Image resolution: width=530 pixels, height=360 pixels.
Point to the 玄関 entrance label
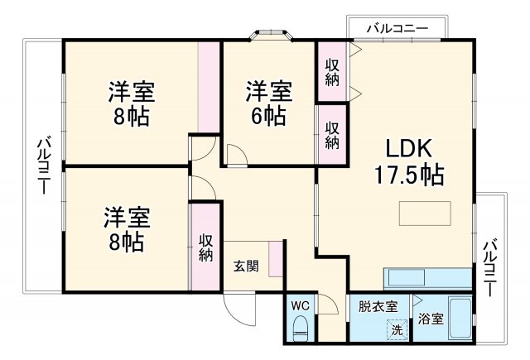(245, 266)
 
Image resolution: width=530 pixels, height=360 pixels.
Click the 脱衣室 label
(378, 307)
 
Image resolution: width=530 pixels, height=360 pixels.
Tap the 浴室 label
(429, 319)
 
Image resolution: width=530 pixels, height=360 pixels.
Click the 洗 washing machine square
(397, 329)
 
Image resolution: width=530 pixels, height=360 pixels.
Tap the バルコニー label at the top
(398, 29)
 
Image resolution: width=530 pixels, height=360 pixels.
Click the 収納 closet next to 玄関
(205, 246)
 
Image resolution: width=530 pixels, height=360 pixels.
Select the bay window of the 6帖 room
(271, 36)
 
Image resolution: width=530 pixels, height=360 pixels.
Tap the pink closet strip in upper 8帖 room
(210, 86)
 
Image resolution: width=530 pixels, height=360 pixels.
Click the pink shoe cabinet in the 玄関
(282, 259)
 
